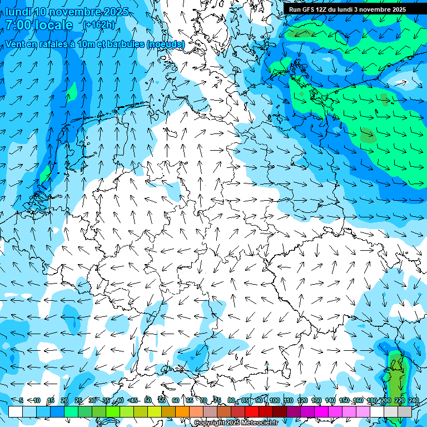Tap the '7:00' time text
[x=20, y=25]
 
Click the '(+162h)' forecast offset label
[x=98, y=25]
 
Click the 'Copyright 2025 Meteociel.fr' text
[x=236, y=423]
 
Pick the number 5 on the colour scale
[x=21, y=400]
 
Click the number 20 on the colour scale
[x=64, y=400]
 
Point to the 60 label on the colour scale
[x=176, y=400]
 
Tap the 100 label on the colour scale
[x=274, y=400]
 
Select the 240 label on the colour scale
[x=414, y=400]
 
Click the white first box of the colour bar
[x=16, y=411]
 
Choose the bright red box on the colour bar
[x=252, y=411]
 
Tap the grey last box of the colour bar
[x=405, y=411]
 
